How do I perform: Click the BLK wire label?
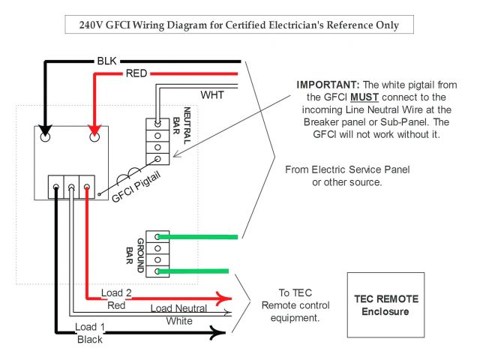106,59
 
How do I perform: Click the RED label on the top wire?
136,73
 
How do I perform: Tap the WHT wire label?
211,95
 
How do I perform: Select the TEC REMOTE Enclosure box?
385,304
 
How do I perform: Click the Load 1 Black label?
89,333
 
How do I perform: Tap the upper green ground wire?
199,237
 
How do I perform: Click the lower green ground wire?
199,271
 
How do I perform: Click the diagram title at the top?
239,25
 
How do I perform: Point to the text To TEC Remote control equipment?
289,305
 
